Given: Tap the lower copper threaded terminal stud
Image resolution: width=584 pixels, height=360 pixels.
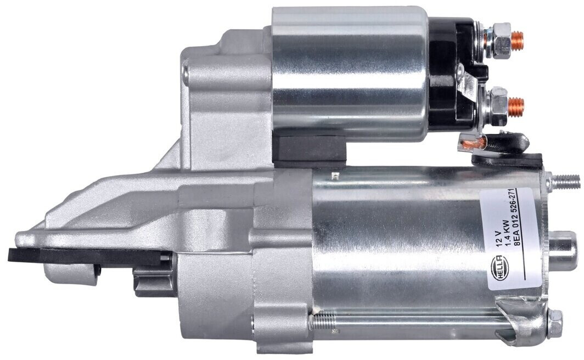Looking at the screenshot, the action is [x=516, y=106].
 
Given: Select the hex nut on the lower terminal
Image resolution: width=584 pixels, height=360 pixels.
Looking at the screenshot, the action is [x=499, y=106].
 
